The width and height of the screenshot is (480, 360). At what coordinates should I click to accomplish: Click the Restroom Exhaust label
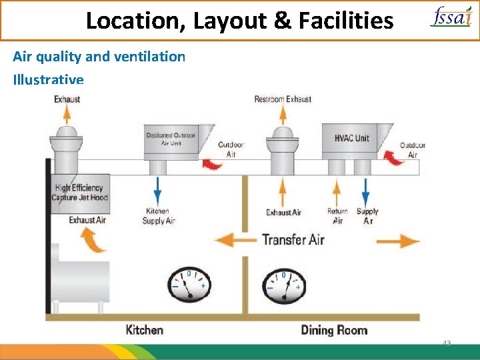[283, 99]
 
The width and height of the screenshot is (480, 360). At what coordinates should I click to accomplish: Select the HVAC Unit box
[352, 139]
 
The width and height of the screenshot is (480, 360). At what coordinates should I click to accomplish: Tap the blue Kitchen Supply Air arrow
[158, 191]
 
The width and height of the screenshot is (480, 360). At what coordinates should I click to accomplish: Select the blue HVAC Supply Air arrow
[366, 191]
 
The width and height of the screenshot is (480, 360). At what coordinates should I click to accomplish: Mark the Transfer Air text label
[293, 239]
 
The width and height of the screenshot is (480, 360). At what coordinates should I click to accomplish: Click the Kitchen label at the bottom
[144, 329]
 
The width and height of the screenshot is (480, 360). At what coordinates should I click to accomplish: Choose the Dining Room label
[334, 329]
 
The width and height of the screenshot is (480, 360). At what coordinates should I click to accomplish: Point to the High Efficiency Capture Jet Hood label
[80, 193]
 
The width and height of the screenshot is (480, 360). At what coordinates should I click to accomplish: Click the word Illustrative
[48, 80]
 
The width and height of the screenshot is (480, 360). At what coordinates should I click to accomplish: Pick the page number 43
[447, 344]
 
